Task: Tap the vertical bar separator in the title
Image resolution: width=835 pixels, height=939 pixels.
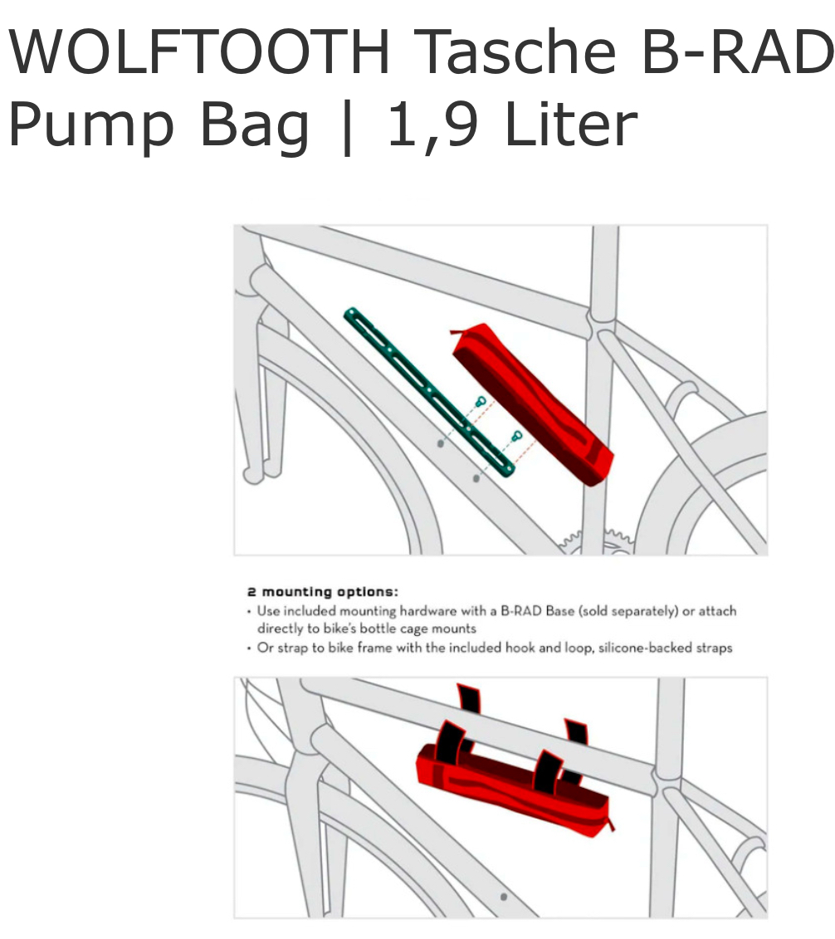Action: click(347, 126)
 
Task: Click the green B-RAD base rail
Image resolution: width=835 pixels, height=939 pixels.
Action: click(429, 393)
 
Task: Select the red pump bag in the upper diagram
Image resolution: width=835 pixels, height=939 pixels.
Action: click(532, 404)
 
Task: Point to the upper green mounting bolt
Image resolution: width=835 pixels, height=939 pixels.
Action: click(481, 401)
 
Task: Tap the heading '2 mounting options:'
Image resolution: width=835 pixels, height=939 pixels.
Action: click(322, 592)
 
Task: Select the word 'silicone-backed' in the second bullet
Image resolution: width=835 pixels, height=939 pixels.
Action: click(645, 648)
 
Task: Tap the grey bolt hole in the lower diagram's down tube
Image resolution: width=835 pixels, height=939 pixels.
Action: click(504, 897)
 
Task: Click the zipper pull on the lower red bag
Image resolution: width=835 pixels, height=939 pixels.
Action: click(611, 824)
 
